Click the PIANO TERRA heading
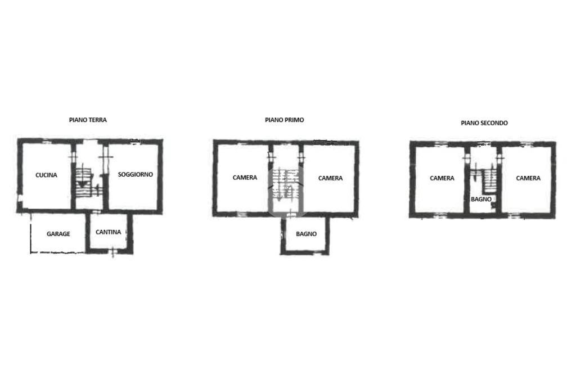88,120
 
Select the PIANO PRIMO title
284,120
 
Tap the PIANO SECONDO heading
484,123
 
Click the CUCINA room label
46,175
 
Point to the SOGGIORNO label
135,174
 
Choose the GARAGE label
58,234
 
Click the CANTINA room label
108,232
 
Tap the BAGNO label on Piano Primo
306,234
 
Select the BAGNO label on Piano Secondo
481,199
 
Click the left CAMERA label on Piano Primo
245,178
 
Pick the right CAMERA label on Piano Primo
330,178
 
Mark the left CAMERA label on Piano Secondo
442,178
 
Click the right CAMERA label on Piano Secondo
528,178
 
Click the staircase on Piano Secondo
485,180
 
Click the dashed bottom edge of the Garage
58,252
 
